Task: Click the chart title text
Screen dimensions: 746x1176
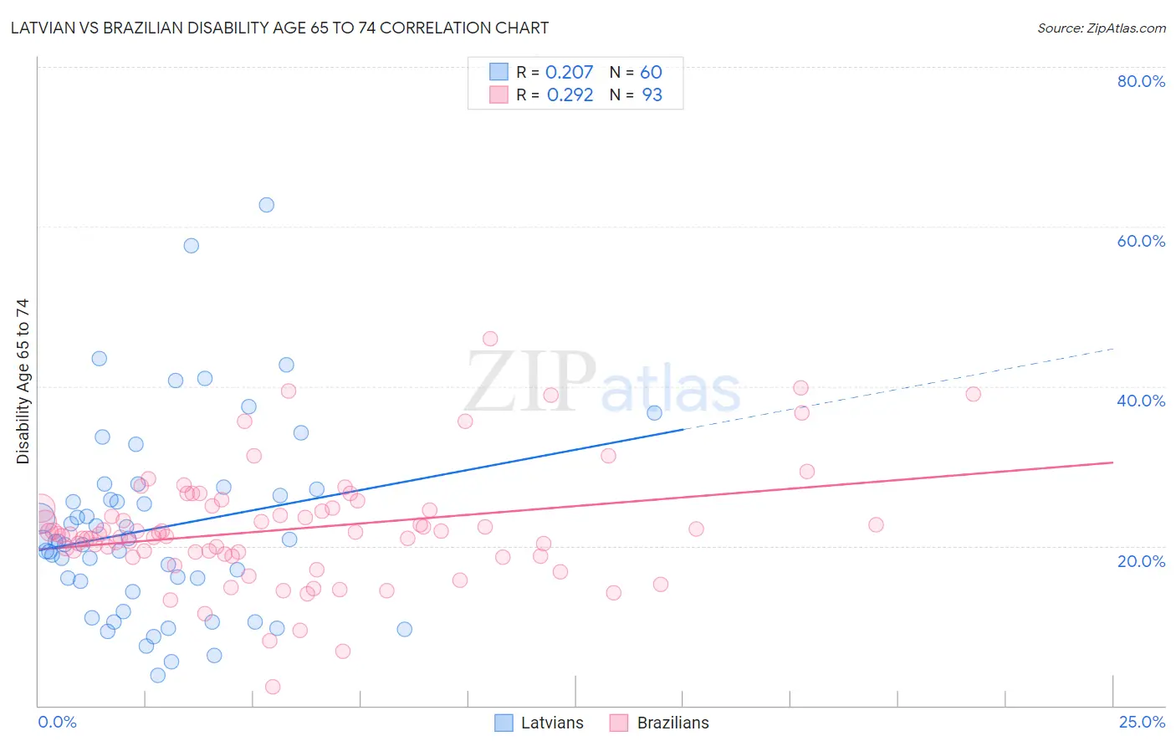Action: tap(279, 28)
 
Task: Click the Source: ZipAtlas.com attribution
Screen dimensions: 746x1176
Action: tap(1101, 28)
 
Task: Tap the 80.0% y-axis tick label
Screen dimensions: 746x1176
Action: tap(1141, 81)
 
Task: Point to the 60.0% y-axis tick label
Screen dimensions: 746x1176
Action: tap(1141, 241)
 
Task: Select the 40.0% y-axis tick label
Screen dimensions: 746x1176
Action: tap(1141, 401)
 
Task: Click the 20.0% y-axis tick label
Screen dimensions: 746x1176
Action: tap(1141, 560)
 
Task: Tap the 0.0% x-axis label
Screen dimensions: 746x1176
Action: tap(57, 722)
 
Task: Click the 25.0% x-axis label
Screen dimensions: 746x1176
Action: tap(1142, 722)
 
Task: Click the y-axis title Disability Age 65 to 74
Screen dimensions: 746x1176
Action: tap(23, 381)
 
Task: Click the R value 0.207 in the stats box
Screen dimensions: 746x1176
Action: tap(569, 73)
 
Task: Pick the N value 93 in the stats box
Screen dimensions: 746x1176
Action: tap(652, 95)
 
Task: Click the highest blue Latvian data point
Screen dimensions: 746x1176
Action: tap(266, 205)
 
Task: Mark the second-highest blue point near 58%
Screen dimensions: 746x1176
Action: tap(192, 246)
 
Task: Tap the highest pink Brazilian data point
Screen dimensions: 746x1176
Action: tap(490, 339)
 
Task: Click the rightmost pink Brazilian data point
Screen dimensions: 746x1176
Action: tap(973, 394)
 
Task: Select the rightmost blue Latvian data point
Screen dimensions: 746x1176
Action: tap(654, 412)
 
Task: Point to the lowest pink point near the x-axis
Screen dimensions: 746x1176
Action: tap(273, 687)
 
